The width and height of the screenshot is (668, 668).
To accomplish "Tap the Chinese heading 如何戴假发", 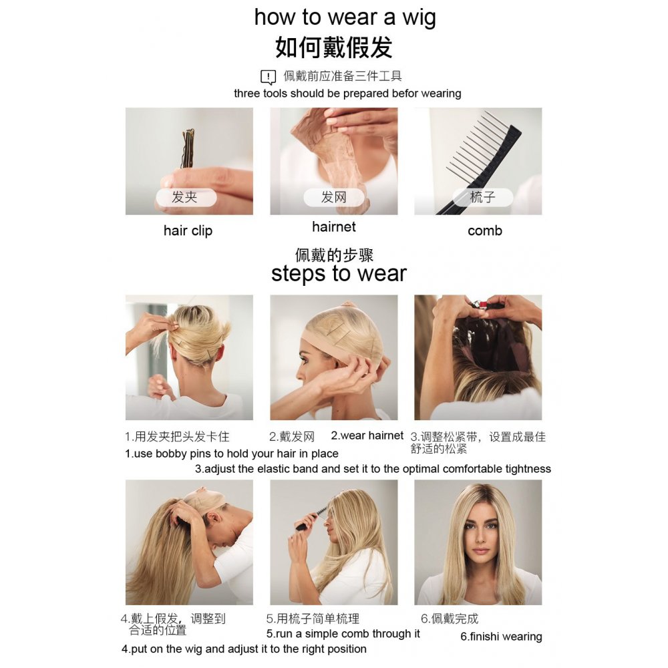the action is point(333,47).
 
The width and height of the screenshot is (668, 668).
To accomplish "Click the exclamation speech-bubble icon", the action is point(268,77).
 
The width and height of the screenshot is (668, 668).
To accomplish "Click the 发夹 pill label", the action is point(186,197).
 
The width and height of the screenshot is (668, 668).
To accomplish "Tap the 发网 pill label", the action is point(333,197).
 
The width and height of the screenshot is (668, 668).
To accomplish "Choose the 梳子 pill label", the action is point(483,197).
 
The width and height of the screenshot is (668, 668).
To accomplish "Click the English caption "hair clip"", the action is point(188,230).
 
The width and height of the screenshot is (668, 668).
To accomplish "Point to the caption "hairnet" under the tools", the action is point(333,226).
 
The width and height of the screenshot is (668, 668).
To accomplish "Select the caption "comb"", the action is point(485,231).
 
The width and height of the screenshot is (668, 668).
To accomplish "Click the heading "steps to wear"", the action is point(339,273).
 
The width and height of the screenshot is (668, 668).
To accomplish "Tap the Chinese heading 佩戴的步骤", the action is point(334,255).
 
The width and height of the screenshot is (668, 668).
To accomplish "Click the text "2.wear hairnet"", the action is point(367,436).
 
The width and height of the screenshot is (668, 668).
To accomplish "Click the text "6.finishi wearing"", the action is point(501,637).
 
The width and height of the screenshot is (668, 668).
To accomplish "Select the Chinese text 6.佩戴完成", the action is point(450,619).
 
